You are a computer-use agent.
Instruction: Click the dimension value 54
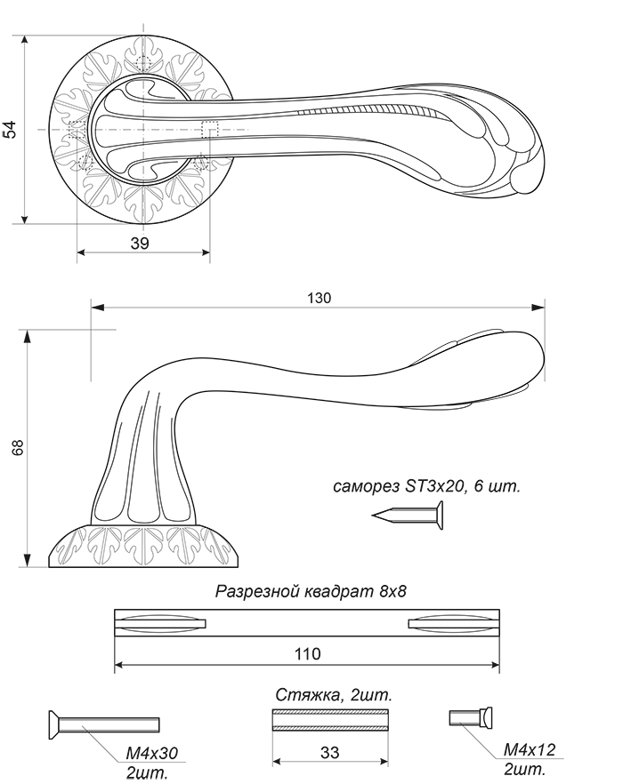tap(11, 130)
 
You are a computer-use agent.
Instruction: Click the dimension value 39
tap(140, 243)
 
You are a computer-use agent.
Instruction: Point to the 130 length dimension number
tap(319, 298)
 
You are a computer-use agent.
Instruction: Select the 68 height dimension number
tap(18, 447)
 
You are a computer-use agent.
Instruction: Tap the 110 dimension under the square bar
tap(307, 653)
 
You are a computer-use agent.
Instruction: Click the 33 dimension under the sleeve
tap(329, 753)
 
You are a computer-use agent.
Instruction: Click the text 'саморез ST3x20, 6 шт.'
tap(426, 486)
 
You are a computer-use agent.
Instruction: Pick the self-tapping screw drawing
tap(408, 516)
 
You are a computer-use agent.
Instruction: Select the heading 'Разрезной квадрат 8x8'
tap(311, 591)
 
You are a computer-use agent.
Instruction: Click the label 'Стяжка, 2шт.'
tap(334, 695)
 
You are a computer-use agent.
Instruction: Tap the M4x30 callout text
tap(151, 752)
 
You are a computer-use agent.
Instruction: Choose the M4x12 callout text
tap(530, 749)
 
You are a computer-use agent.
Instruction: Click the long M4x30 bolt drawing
tap(103, 724)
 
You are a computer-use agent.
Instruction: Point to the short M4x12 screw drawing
tap(471, 718)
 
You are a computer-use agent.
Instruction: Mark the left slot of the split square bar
tap(161, 623)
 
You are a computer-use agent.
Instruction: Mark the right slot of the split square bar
tap(454, 623)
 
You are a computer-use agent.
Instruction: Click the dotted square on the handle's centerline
tap(210, 130)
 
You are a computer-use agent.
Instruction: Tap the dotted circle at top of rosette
tap(143, 63)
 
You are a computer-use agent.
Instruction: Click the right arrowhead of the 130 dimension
tap(538, 307)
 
